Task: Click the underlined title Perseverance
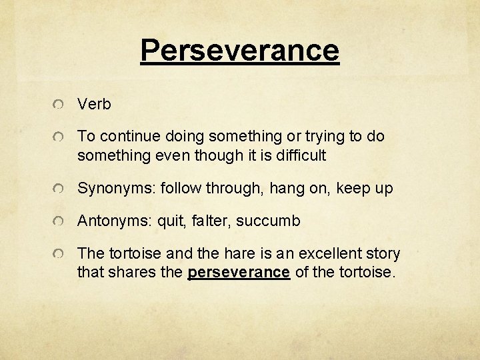click(240, 50)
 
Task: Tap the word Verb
click(94, 105)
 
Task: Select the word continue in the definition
click(122, 137)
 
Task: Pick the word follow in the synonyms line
click(180, 189)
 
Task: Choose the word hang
click(283, 189)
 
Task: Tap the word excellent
click(325, 254)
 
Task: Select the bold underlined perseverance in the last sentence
click(239, 273)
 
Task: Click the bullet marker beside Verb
click(61, 105)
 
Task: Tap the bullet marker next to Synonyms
click(61, 189)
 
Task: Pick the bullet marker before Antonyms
click(61, 221)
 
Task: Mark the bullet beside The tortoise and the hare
click(61, 255)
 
